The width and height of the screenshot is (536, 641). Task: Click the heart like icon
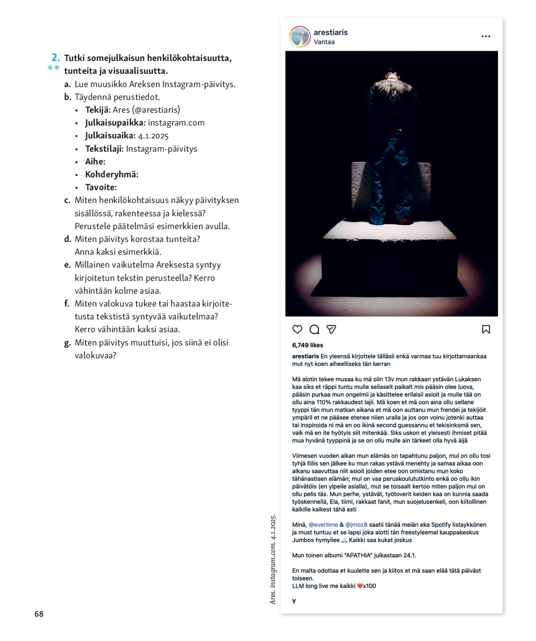(297, 329)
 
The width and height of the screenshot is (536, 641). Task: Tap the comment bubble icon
(314, 329)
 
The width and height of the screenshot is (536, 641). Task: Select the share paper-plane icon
(331, 329)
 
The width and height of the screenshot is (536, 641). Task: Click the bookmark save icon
(486, 329)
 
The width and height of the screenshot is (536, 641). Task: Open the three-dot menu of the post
(486, 36)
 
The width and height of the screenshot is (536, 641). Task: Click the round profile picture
(300, 37)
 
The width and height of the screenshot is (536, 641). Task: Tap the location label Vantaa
(324, 42)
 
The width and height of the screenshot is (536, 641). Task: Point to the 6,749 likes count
(307, 345)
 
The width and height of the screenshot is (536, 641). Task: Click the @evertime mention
(323, 525)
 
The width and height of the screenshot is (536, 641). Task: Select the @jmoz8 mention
(356, 525)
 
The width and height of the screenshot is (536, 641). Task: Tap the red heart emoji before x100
(360, 586)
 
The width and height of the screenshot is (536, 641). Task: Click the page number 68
(39, 614)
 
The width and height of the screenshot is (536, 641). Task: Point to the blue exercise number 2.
(55, 58)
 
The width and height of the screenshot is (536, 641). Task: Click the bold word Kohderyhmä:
(112, 175)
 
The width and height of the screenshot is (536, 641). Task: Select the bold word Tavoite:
(101, 187)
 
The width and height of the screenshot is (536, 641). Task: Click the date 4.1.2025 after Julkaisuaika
(153, 136)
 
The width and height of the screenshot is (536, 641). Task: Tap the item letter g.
(67, 343)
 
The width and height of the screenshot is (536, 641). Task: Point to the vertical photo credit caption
(273, 559)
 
